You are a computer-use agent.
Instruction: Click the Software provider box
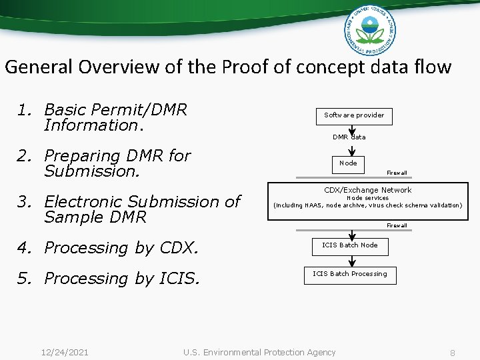point(354,115)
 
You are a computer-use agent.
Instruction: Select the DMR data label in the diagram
point(349,137)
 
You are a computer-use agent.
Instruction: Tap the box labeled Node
point(349,163)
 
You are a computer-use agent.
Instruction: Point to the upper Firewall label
point(397,173)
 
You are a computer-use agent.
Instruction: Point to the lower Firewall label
point(397,225)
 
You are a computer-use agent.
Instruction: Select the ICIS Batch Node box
point(350,245)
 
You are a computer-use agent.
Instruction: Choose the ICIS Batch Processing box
point(350,274)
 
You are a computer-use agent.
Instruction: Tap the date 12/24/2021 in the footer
point(65,352)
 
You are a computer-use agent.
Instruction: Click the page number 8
point(452,353)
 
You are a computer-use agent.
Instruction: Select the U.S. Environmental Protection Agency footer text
point(259,352)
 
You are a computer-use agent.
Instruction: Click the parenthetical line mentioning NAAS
point(367,205)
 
